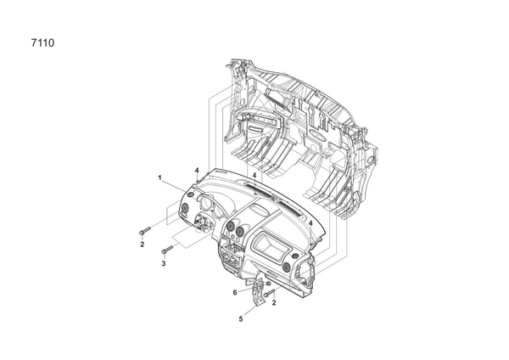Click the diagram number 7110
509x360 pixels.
point(43,43)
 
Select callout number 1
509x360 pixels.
point(159,177)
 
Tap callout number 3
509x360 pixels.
point(164,263)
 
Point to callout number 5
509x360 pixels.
point(241,319)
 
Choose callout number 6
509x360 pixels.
point(235,293)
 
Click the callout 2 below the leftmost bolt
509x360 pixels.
point(143,245)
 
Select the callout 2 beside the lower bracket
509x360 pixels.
point(274,303)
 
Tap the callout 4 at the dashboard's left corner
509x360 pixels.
point(197,171)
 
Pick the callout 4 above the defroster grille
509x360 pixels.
point(255,175)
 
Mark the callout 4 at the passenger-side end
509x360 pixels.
point(310,223)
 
